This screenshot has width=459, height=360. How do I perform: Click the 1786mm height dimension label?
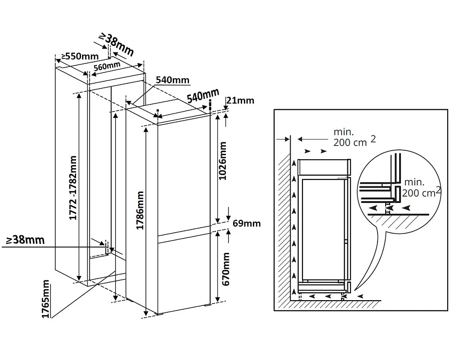pos(140,211)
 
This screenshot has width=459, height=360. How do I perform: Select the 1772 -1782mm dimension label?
pos(72,188)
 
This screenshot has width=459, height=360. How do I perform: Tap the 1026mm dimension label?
pos(223,161)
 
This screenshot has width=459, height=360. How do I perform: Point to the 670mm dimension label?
pos(226,269)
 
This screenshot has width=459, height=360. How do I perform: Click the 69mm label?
pos(247,224)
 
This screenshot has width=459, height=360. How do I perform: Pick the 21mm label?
pos(240,100)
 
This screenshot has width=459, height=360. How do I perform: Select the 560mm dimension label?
pos(107,67)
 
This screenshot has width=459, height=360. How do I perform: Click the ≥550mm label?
pos(80,56)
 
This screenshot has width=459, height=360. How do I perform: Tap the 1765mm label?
pos(45,299)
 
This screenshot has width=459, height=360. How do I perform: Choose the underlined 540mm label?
pos(173,80)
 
